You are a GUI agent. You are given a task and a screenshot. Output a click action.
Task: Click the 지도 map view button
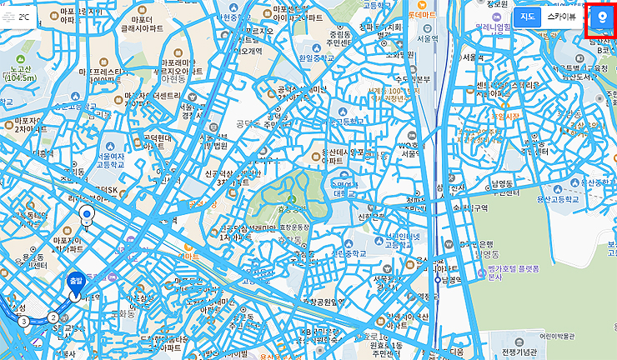[x=527, y=17]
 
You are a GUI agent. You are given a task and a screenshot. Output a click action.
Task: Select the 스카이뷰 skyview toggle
[x=560, y=17]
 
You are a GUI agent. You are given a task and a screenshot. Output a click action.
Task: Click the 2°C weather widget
[x=20, y=17]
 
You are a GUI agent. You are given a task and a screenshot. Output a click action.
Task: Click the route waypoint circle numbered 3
[x=23, y=321]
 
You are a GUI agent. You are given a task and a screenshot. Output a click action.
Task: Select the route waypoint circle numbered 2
[x=53, y=317]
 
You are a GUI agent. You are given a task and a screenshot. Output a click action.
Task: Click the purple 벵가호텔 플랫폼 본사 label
[x=512, y=274]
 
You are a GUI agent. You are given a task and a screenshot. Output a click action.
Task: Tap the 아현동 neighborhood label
[x=173, y=81]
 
